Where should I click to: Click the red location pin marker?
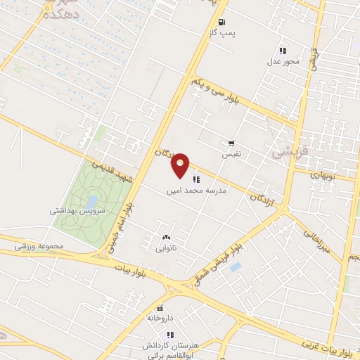pos(181,164)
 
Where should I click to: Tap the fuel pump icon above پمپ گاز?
pos(222,22)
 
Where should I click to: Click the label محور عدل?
pos(283,61)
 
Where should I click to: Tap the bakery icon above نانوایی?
pos(167,238)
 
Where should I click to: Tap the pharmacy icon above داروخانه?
pos(160,308)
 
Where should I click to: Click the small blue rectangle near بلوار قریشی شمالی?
pos(235,266)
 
